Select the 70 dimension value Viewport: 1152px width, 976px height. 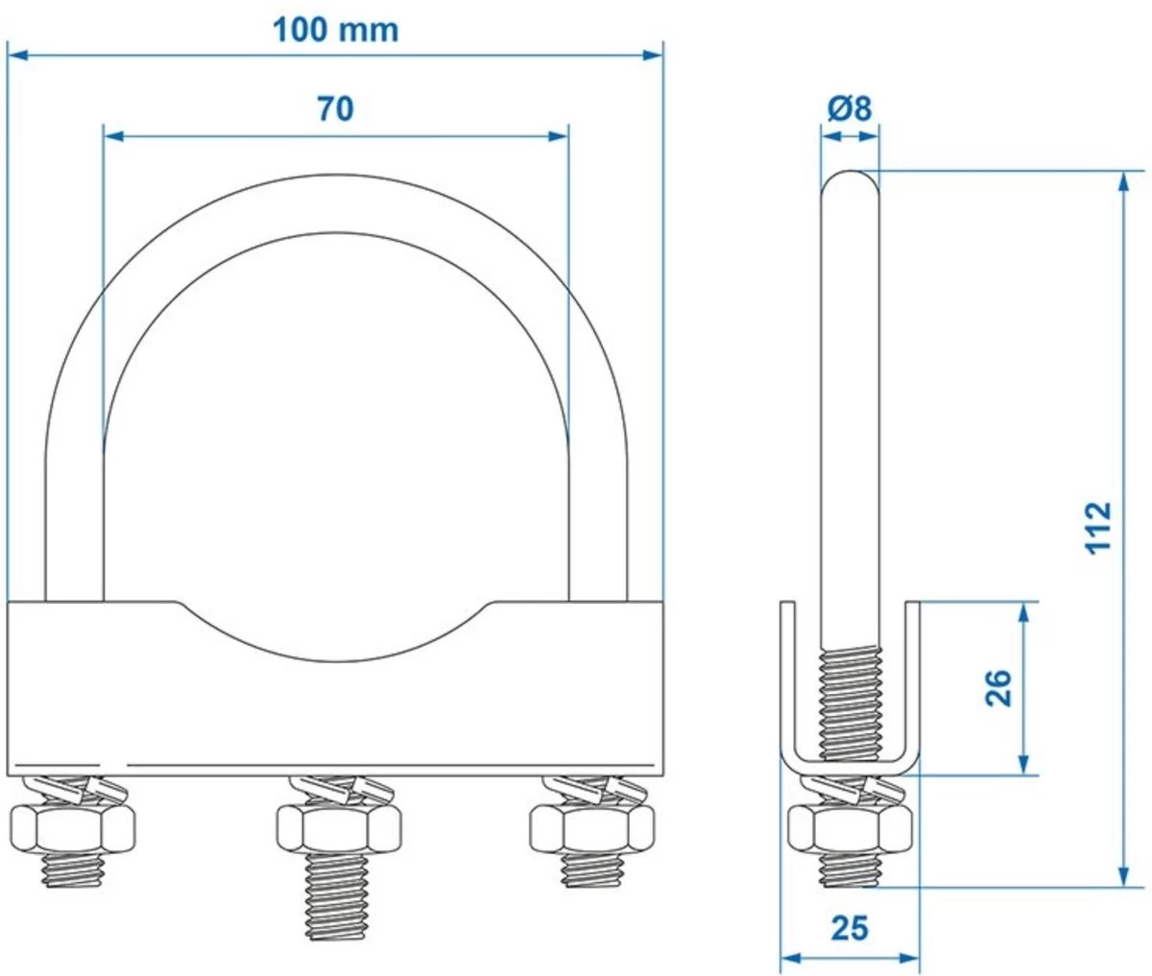click(335, 109)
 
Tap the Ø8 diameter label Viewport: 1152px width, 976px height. click(849, 108)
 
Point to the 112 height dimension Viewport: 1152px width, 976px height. click(1099, 526)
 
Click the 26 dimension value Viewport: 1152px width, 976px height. click(999, 687)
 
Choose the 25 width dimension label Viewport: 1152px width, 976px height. click(849, 928)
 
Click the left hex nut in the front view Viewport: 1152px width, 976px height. click(72, 826)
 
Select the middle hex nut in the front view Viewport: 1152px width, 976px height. click(338, 826)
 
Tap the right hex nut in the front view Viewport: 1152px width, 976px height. click(593, 826)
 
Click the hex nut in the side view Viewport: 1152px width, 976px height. click(850, 826)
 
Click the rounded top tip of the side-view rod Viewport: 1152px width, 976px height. click(850, 179)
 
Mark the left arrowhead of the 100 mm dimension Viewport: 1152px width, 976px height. click(17, 56)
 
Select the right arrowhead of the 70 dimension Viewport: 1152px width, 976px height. click(559, 136)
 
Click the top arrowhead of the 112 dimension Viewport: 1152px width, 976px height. click(1123, 182)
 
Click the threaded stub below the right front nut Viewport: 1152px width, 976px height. click(593, 868)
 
